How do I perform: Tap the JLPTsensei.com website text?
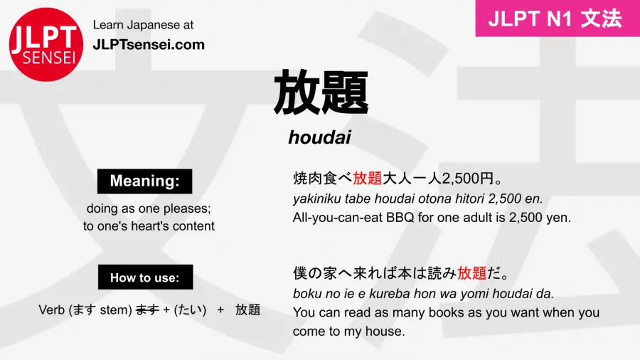(x=149, y=44)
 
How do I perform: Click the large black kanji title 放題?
(x=320, y=92)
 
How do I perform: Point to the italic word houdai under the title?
(x=319, y=137)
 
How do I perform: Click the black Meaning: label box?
(x=144, y=181)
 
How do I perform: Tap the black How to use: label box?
(x=144, y=277)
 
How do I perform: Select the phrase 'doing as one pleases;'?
(x=149, y=209)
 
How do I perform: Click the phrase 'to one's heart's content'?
(x=149, y=226)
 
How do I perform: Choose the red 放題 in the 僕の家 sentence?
(x=472, y=273)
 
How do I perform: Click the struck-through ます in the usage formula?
(x=147, y=309)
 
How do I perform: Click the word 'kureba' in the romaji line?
(x=383, y=293)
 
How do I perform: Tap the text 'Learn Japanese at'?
(x=143, y=25)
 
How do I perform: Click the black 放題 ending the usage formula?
(x=247, y=309)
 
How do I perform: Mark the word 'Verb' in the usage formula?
(x=51, y=309)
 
